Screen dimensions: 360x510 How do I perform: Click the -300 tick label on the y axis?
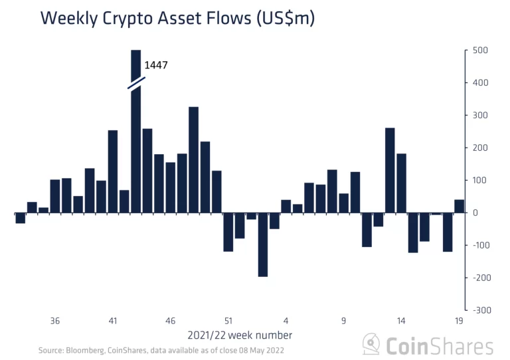pyautogui.click(x=481, y=310)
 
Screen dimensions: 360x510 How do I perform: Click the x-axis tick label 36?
pyautogui.click(x=55, y=321)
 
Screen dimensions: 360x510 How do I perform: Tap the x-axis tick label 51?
pyautogui.click(x=228, y=321)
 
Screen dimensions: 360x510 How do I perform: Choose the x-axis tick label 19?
pyautogui.click(x=459, y=321)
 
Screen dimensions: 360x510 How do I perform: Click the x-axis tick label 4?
pyautogui.click(x=286, y=321)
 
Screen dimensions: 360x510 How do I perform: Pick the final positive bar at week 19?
pyautogui.click(x=459, y=206)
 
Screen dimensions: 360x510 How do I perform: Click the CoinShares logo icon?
pyautogui.click(x=371, y=345)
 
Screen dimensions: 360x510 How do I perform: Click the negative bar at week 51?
pyautogui.click(x=228, y=232)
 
